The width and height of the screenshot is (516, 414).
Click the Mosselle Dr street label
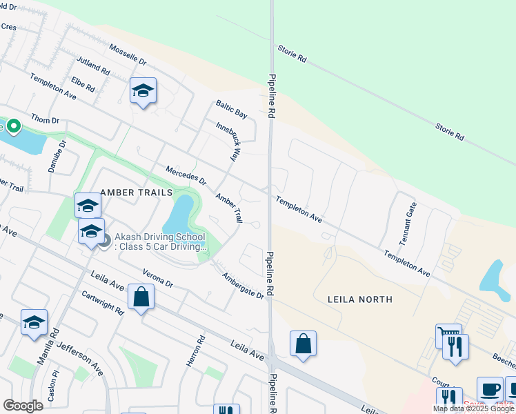click(128, 56)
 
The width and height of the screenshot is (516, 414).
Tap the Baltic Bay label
click(230, 109)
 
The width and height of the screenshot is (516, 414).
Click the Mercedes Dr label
click(186, 175)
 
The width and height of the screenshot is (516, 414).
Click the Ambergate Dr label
click(242, 285)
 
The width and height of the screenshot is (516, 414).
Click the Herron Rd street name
click(201, 351)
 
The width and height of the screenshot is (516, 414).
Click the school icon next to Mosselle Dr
click(143, 90)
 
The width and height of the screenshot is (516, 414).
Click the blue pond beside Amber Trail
click(179, 215)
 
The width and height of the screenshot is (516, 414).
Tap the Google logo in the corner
click(23, 406)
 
